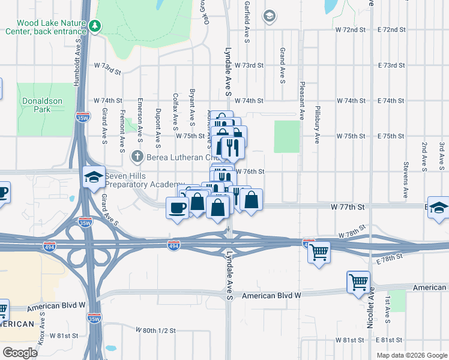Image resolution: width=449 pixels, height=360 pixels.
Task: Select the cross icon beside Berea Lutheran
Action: click(x=137, y=157)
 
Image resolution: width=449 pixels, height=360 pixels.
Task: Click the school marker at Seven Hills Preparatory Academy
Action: click(x=94, y=176)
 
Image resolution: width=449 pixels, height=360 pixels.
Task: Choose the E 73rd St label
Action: click(x=392, y=65)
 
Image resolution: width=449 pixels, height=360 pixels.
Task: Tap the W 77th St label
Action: click(x=348, y=206)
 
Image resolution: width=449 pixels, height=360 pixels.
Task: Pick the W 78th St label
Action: click(x=352, y=233)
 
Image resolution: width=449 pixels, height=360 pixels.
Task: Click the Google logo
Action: click(x=20, y=353)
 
